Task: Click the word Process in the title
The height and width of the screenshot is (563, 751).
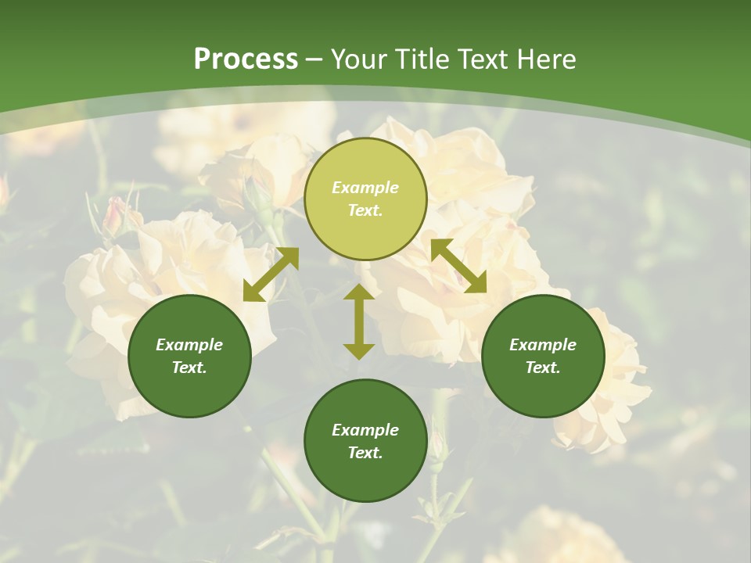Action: tap(246, 59)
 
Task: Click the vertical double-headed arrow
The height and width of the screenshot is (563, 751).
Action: tap(359, 321)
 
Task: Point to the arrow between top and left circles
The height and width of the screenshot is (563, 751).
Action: tap(271, 274)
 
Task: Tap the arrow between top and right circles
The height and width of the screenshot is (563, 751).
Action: tap(458, 266)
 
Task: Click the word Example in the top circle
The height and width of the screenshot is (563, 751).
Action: tap(365, 188)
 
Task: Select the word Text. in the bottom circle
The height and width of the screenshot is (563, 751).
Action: tap(365, 453)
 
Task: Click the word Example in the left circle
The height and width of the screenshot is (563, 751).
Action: tap(189, 345)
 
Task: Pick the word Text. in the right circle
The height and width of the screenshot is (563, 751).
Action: tap(543, 368)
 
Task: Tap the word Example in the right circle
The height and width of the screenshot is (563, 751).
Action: tap(543, 345)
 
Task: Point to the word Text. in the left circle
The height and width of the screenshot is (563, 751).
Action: tap(189, 368)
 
